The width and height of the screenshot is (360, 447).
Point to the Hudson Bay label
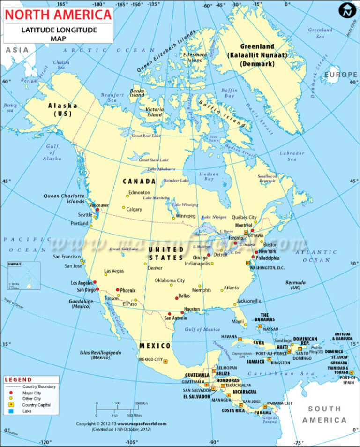tap(209, 176)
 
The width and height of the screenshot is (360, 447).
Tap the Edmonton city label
tap(139, 192)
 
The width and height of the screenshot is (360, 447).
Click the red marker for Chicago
tap(209, 255)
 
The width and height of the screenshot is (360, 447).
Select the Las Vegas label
tap(114, 271)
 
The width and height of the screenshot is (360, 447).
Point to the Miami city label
tap(238, 321)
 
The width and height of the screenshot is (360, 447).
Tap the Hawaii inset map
tap(24, 276)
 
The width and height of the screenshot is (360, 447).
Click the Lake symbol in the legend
tap(8, 411)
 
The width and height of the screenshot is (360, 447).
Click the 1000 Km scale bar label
tap(141, 403)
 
